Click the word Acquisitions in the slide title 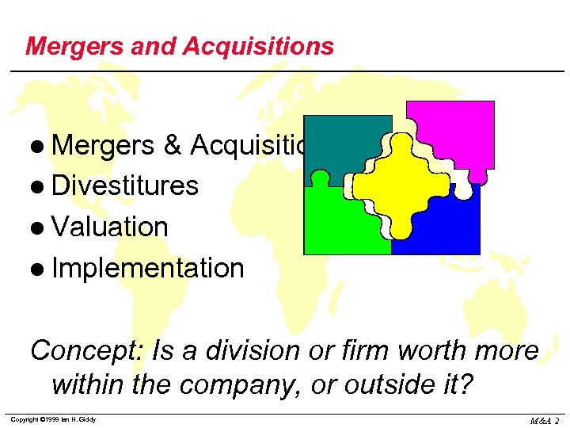click(x=258, y=46)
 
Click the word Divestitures click(x=125, y=185)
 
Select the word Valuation click(x=110, y=227)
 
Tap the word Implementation click(x=148, y=268)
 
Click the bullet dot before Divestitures click(x=40, y=187)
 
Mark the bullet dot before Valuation click(x=40, y=228)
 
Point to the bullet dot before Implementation click(x=40, y=269)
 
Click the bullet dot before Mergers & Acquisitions click(x=40, y=146)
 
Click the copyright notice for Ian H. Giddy click(x=54, y=419)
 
